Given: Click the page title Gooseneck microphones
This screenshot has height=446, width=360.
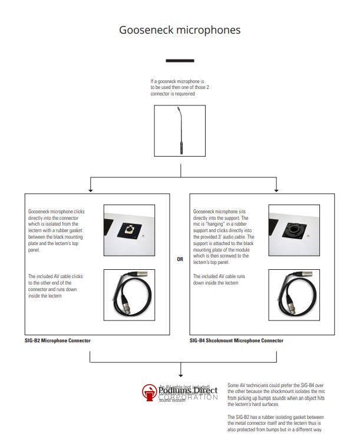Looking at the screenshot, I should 180,29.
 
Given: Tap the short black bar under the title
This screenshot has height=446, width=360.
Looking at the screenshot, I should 180,61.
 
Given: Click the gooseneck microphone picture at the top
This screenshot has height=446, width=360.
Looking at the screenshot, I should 180,131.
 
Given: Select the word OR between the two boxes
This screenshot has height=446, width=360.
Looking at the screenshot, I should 180,260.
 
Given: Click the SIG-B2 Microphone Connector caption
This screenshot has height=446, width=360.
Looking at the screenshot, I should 58,341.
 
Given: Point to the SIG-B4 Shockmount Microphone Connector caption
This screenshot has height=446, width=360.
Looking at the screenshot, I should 236,341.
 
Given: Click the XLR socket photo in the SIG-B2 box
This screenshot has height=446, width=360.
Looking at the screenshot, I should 129,226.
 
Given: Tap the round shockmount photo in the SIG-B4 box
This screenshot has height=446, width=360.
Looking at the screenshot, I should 294,226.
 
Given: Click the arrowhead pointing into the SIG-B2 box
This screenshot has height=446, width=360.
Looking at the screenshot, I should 90,190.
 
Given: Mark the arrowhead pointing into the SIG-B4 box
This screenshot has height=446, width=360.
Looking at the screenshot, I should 276,190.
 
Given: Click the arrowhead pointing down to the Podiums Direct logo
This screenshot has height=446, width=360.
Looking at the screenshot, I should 180,374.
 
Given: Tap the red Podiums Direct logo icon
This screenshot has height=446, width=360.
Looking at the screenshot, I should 149,392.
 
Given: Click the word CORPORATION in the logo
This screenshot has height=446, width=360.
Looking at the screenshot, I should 188,398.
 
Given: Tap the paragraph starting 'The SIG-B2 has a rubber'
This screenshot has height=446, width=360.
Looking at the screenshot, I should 276,423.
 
